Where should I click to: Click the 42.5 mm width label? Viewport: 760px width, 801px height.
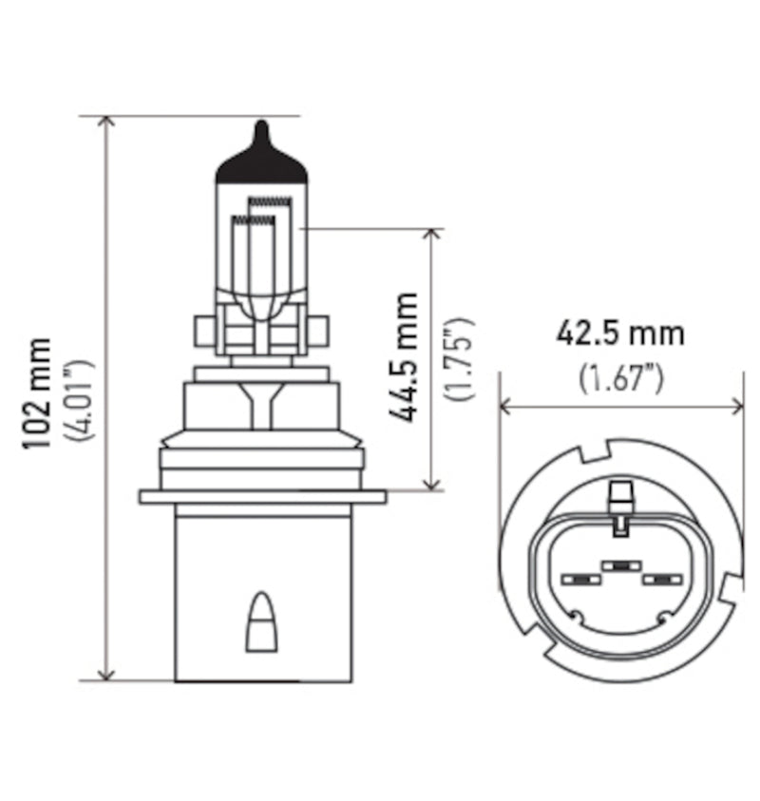pyautogui.click(x=619, y=334)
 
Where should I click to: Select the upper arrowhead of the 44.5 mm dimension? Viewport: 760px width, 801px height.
pyautogui.click(x=432, y=236)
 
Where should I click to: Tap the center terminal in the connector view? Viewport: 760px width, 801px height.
pyautogui.click(x=620, y=565)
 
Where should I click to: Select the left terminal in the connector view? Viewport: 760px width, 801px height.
pyautogui.click(x=578, y=579)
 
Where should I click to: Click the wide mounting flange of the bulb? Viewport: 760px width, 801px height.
pyautogui.click(x=261, y=496)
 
